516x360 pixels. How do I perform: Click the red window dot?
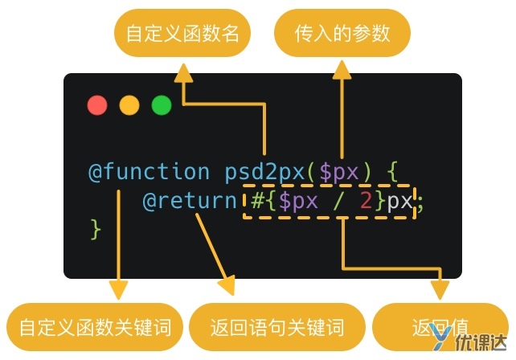pos(97,105)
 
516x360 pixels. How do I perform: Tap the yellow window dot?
pos(129,105)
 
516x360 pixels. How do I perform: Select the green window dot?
pos(161,105)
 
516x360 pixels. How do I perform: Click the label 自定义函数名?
pos(182,33)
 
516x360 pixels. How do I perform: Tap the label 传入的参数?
pos(342,33)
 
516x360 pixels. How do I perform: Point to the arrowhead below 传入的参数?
pos(342,72)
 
